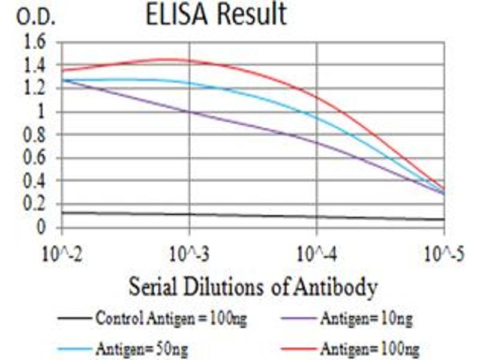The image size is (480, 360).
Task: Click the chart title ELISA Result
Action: click(x=216, y=16)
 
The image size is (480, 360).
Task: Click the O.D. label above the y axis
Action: click(x=35, y=17)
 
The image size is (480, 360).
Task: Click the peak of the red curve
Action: click(x=171, y=59)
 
